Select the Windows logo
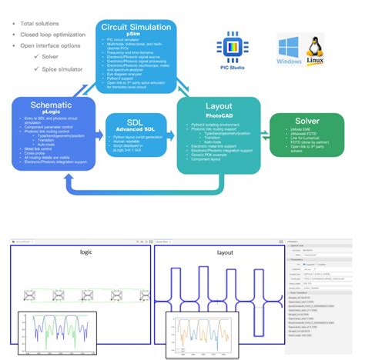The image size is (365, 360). point(291,48)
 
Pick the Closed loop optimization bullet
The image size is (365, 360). point(52,34)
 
